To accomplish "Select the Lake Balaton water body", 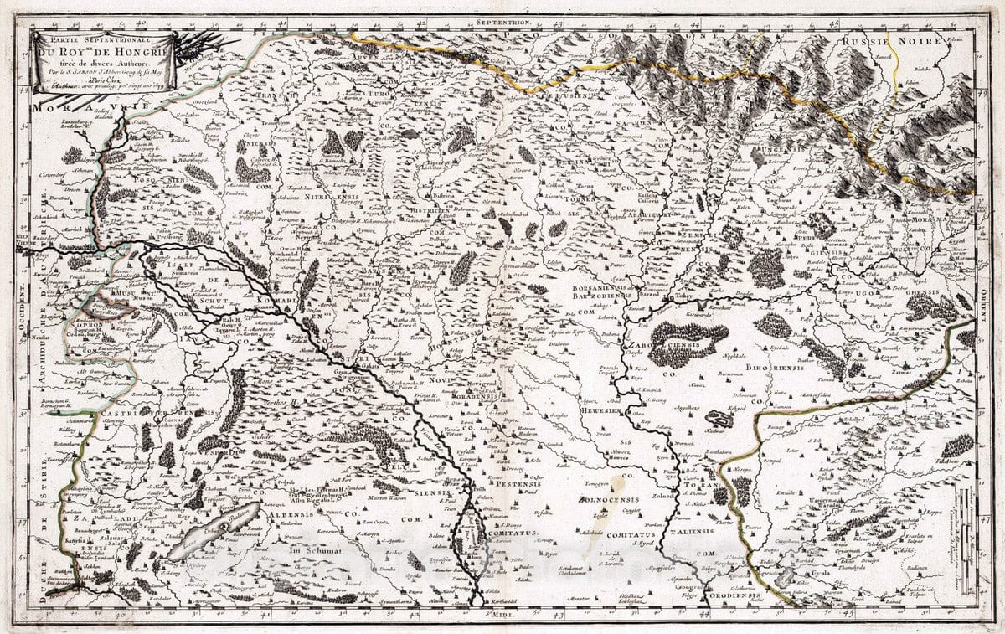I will tap(201, 535).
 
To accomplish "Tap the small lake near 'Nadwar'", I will tap(719, 418).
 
